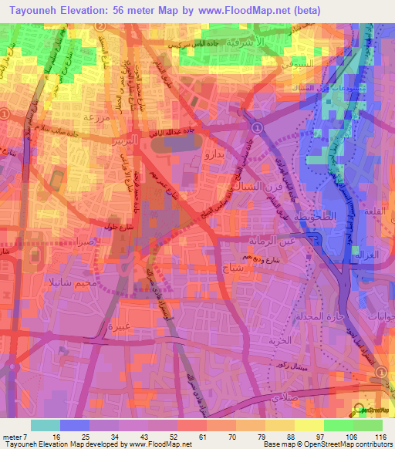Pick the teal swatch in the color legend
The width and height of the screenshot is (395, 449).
click(46, 425)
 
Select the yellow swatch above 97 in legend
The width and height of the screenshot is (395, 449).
click(309, 425)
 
